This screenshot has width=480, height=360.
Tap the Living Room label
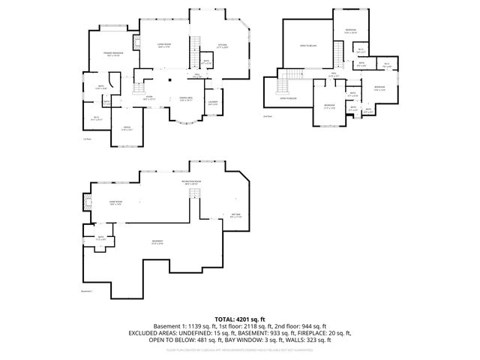click(x=163, y=46)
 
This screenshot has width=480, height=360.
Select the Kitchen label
click(x=222, y=46)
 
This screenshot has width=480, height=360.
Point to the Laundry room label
click(x=212, y=102)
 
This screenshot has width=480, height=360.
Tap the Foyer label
click(x=149, y=98)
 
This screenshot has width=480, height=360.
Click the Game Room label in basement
click(x=116, y=202)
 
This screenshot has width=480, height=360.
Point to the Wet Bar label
click(x=235, y=217)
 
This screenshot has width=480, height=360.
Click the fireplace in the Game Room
click(x=87, y=201)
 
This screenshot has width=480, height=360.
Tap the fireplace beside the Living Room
click(x=136, y=43)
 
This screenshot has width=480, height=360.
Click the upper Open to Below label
click(x=307, y=46)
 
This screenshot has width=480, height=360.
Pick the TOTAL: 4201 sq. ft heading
click(x=239, y=319)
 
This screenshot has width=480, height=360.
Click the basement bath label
click(x=101, y=239)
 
